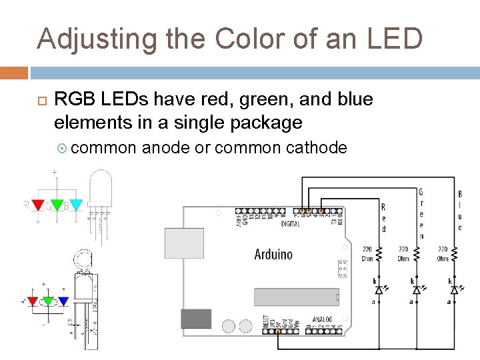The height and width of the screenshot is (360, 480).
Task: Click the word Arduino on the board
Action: coord(273,254)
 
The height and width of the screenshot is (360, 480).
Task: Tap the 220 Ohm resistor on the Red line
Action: coord(379,254)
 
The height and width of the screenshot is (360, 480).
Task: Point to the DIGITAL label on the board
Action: coord(291,223)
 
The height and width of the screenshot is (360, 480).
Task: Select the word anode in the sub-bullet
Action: coord(166,147)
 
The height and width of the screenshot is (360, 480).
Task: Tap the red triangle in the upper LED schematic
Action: coord(38,204)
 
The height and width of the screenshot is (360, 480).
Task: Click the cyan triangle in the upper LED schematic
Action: coord(76,204)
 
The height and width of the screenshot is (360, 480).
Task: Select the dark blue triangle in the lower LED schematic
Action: coord(63,301)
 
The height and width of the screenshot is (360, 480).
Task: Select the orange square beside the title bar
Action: coord(14,72)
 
